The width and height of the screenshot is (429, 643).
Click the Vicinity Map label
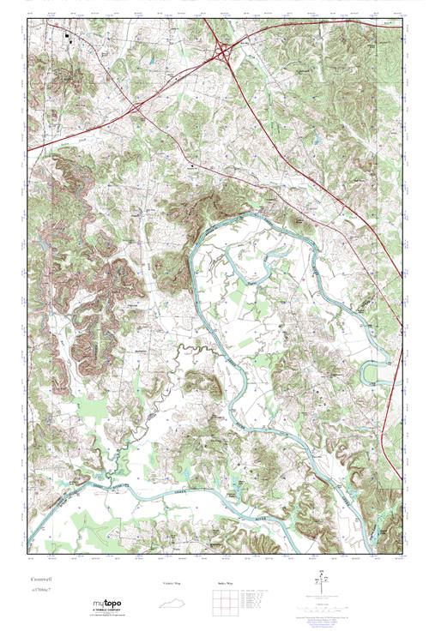pos(172,583)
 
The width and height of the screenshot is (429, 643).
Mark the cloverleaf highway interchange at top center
pos(226,52)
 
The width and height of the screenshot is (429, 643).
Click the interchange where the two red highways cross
pos(137,108)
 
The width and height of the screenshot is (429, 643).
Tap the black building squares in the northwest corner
pos(67,37)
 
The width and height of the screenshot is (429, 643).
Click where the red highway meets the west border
pos(29,151)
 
